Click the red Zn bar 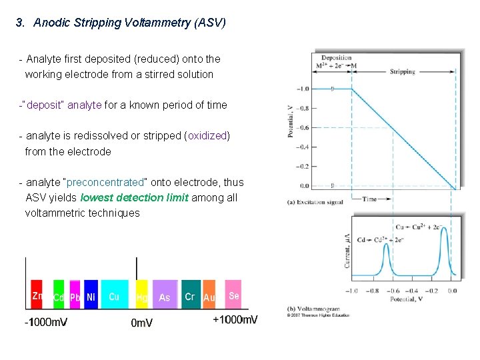tap(37, 294)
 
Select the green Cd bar tap(59, 294)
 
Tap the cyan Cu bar tap(114, 294)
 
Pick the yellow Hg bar tap(141, 294)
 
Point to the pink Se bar tap(233, 294)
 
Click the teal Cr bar tap(191, 294)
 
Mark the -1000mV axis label tap(46, 322)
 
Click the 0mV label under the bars tap(141, 323)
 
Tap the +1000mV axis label tap(235, 320)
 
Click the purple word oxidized tap(207, 136)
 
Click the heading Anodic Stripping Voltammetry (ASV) tap(129, 23)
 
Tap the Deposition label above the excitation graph tap(336, 58)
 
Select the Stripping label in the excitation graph tap(402, 71)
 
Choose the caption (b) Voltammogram tap(313, 309)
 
